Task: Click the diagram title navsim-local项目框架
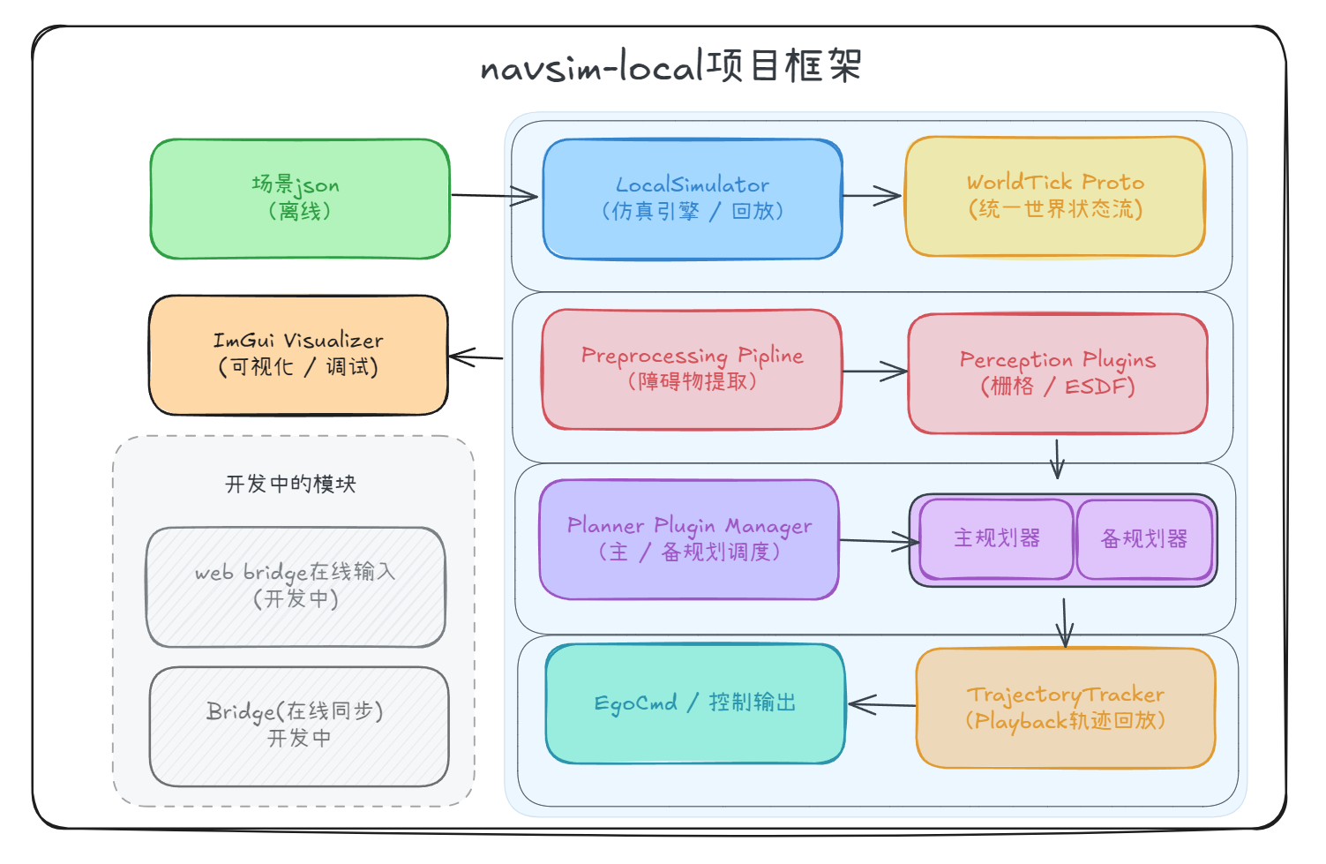click(670, 66)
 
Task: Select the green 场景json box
click(300, 199)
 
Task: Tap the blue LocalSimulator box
click(693, 199)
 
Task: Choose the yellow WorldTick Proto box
click(1055, 196)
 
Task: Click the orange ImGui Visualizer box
click(298, 355)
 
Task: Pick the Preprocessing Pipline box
click(692, 369)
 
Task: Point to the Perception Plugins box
click(1058, 373)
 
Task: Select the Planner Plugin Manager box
click(689, 539)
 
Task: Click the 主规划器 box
click(997, 538)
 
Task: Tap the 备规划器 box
click(1144, 539)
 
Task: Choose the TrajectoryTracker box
click(1066, 708)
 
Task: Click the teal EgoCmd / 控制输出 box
click(695, 703)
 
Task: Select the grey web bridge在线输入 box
click(296, 587)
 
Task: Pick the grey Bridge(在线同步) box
click(299, 725)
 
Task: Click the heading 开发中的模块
click(290, 484)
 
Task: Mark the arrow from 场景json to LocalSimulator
click(494, 196)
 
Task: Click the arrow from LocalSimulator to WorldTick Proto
click(873, 196)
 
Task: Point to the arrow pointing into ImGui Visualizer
click(476, 357)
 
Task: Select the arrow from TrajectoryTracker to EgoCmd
click(881, 704)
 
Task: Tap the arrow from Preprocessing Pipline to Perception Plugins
click(874, 372)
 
